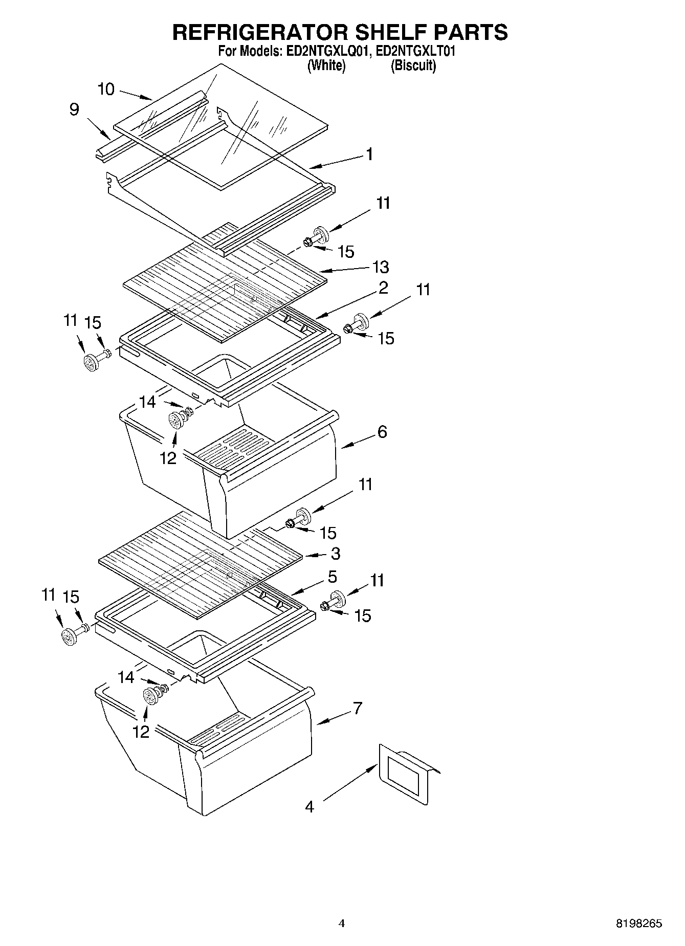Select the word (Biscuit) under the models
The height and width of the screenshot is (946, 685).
pyautogui.click(x=413, y=65)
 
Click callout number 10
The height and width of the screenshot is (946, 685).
pyautogui.click(x=106, y=90)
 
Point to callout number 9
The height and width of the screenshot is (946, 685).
pyautogui.click(x=74, y=109)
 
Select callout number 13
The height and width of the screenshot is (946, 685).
pyautogui.click(x=380, y=267)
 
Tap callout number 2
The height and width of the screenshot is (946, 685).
pyautogui.click(x=383, y=288)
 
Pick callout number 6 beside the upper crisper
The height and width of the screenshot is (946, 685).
pyautogui.click(x=382, y=432)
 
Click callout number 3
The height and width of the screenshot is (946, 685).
pyautogui.click(x=336, y=554)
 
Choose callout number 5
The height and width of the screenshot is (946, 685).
pyautogui.click(x=332, y=577)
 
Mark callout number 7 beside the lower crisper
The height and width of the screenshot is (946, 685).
pyautogui.click(x=357, y=709)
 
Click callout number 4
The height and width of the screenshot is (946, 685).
pyautogui.click(x=310, y=807)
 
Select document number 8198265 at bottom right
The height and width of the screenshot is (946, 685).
pyautogui.click(x=638, y=923)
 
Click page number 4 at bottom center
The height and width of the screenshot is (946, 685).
pyautogui.click(x=342, y=923)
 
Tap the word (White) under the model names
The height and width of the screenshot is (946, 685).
pyautogui.click(x=326, y=65)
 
